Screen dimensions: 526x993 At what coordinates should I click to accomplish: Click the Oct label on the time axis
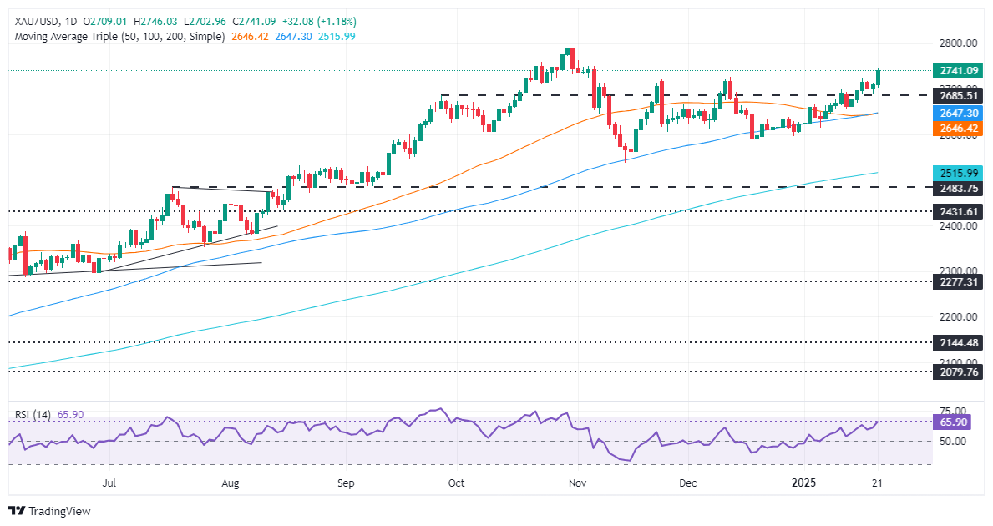pyautogui.click(x=456, y=483)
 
